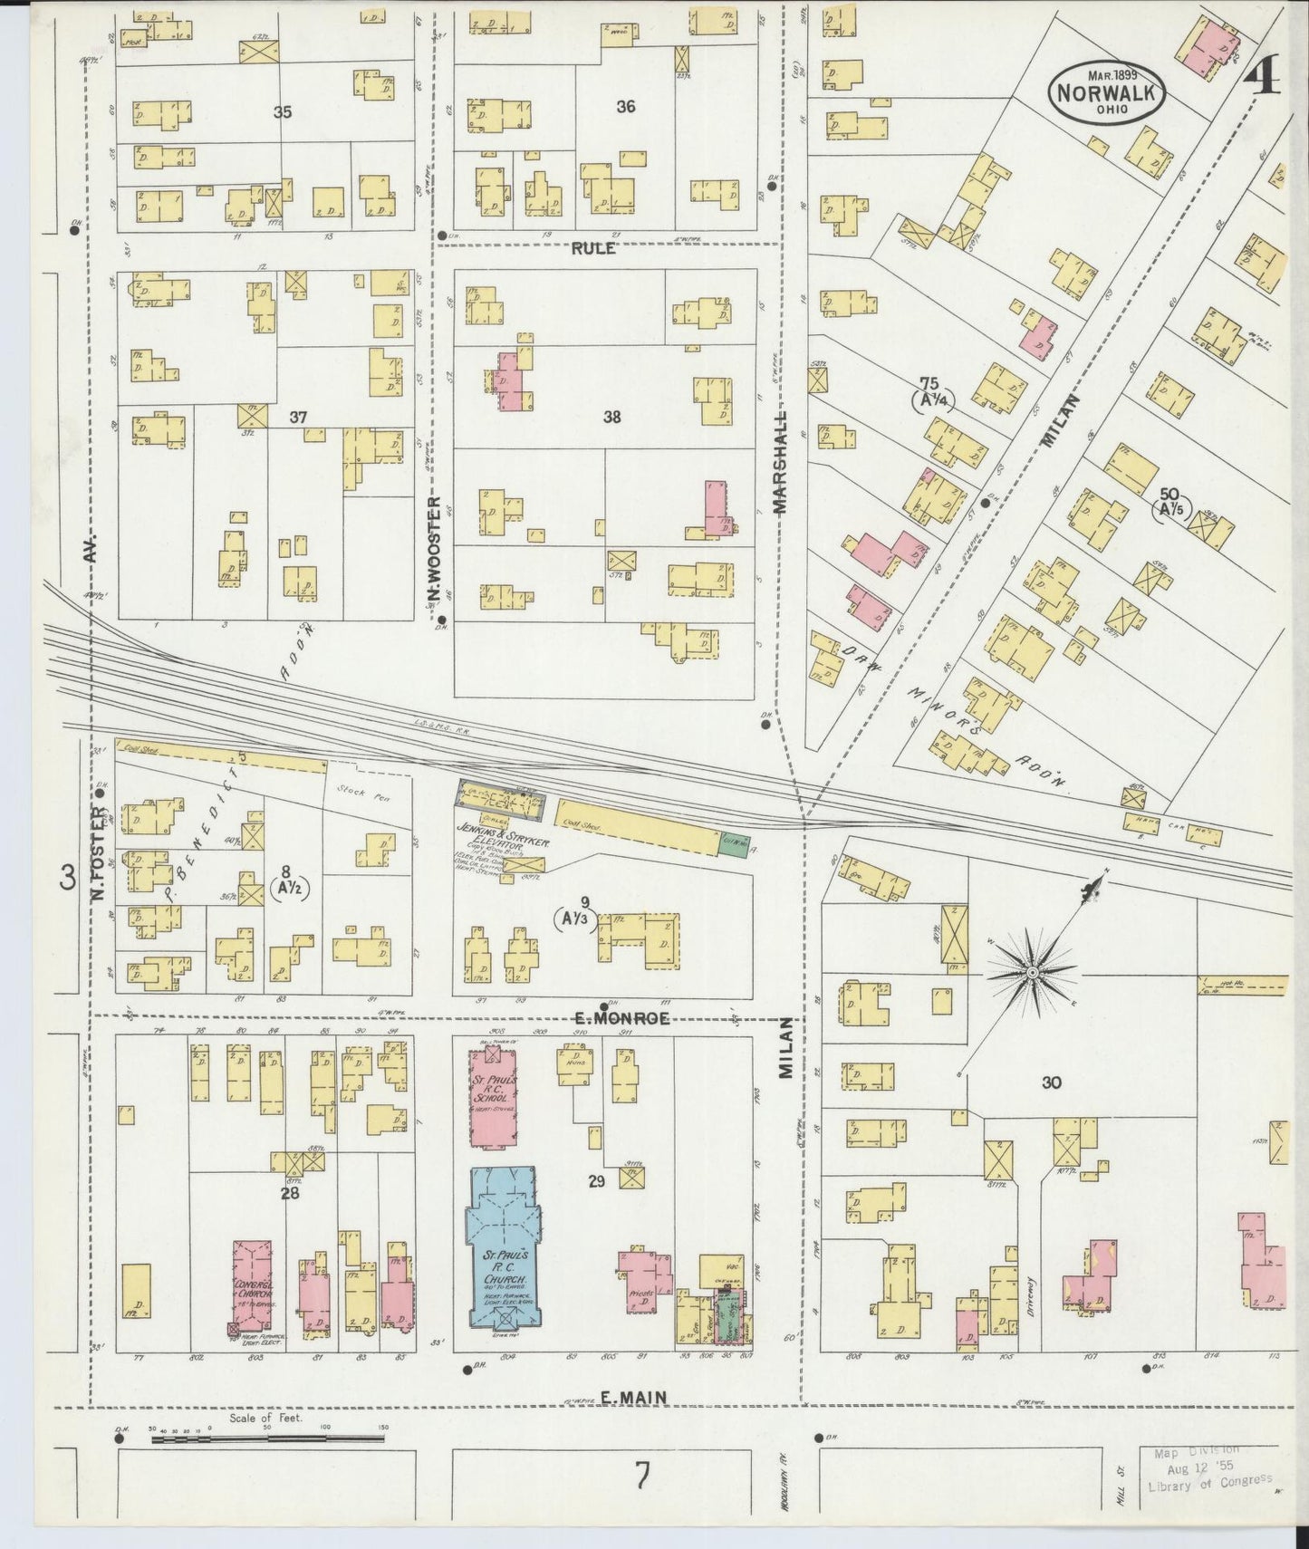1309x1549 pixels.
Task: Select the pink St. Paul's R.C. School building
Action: pos(495,1098)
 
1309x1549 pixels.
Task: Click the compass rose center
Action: pos(1031,972)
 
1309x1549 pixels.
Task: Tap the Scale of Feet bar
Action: pos(267,1437)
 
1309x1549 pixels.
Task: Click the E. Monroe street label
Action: pos(621,1018)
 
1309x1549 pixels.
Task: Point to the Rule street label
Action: pos(593,248)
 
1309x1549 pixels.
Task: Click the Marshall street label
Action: pos(781,462)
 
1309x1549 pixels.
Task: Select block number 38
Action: pos(612,418)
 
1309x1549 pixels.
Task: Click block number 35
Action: pos(284,112)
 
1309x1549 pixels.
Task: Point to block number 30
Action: pos(1051,1082)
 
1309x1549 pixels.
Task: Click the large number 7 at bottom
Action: pos(641,1477)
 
